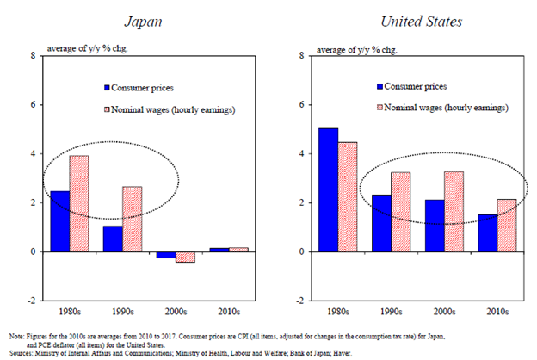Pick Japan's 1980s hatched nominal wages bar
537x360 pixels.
coord(80,203)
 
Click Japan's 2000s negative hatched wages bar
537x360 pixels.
coord(183,257)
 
